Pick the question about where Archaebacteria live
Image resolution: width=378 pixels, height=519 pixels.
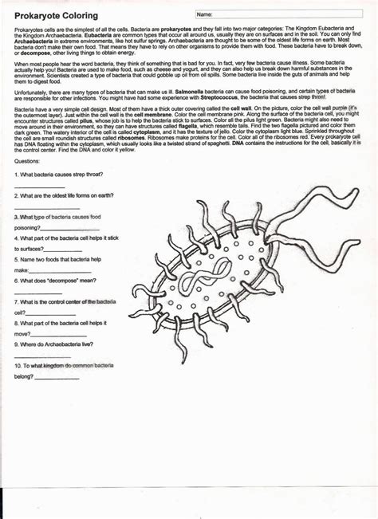pos(59,344)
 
